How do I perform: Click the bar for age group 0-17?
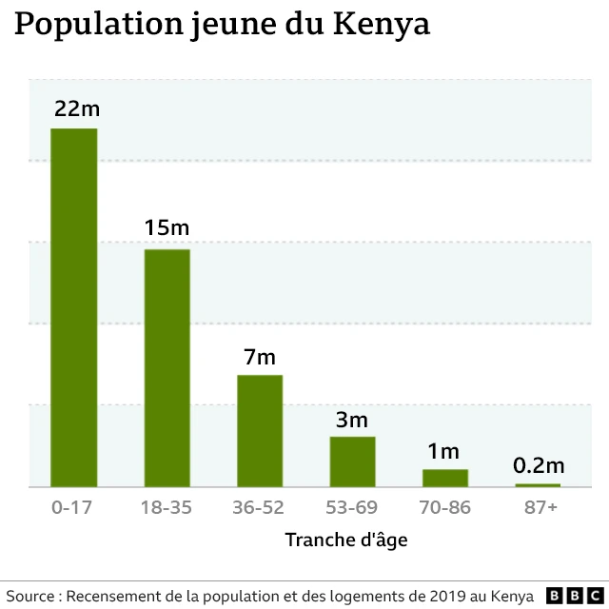tap(73, 307)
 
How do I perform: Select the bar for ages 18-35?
tap(167, 367)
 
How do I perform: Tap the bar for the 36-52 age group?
tap(260, 430)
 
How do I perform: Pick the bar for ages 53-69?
tap(353, 462)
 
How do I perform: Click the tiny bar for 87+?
tap(539, 485)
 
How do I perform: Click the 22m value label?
tap(76, 108)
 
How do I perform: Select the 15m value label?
tap(167, 228)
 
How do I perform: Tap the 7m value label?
tap(260, 357)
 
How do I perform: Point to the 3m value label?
tap(352, 419)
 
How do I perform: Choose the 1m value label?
tap(443, 451)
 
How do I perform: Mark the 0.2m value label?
tap(539, 466)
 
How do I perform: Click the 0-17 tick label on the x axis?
tap(71, 507)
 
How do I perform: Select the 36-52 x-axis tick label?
tap(259, 507)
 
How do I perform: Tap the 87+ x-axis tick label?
tap(540, 507)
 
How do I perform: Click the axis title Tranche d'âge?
tap(346, 540)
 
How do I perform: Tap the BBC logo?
tap(568, 596)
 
